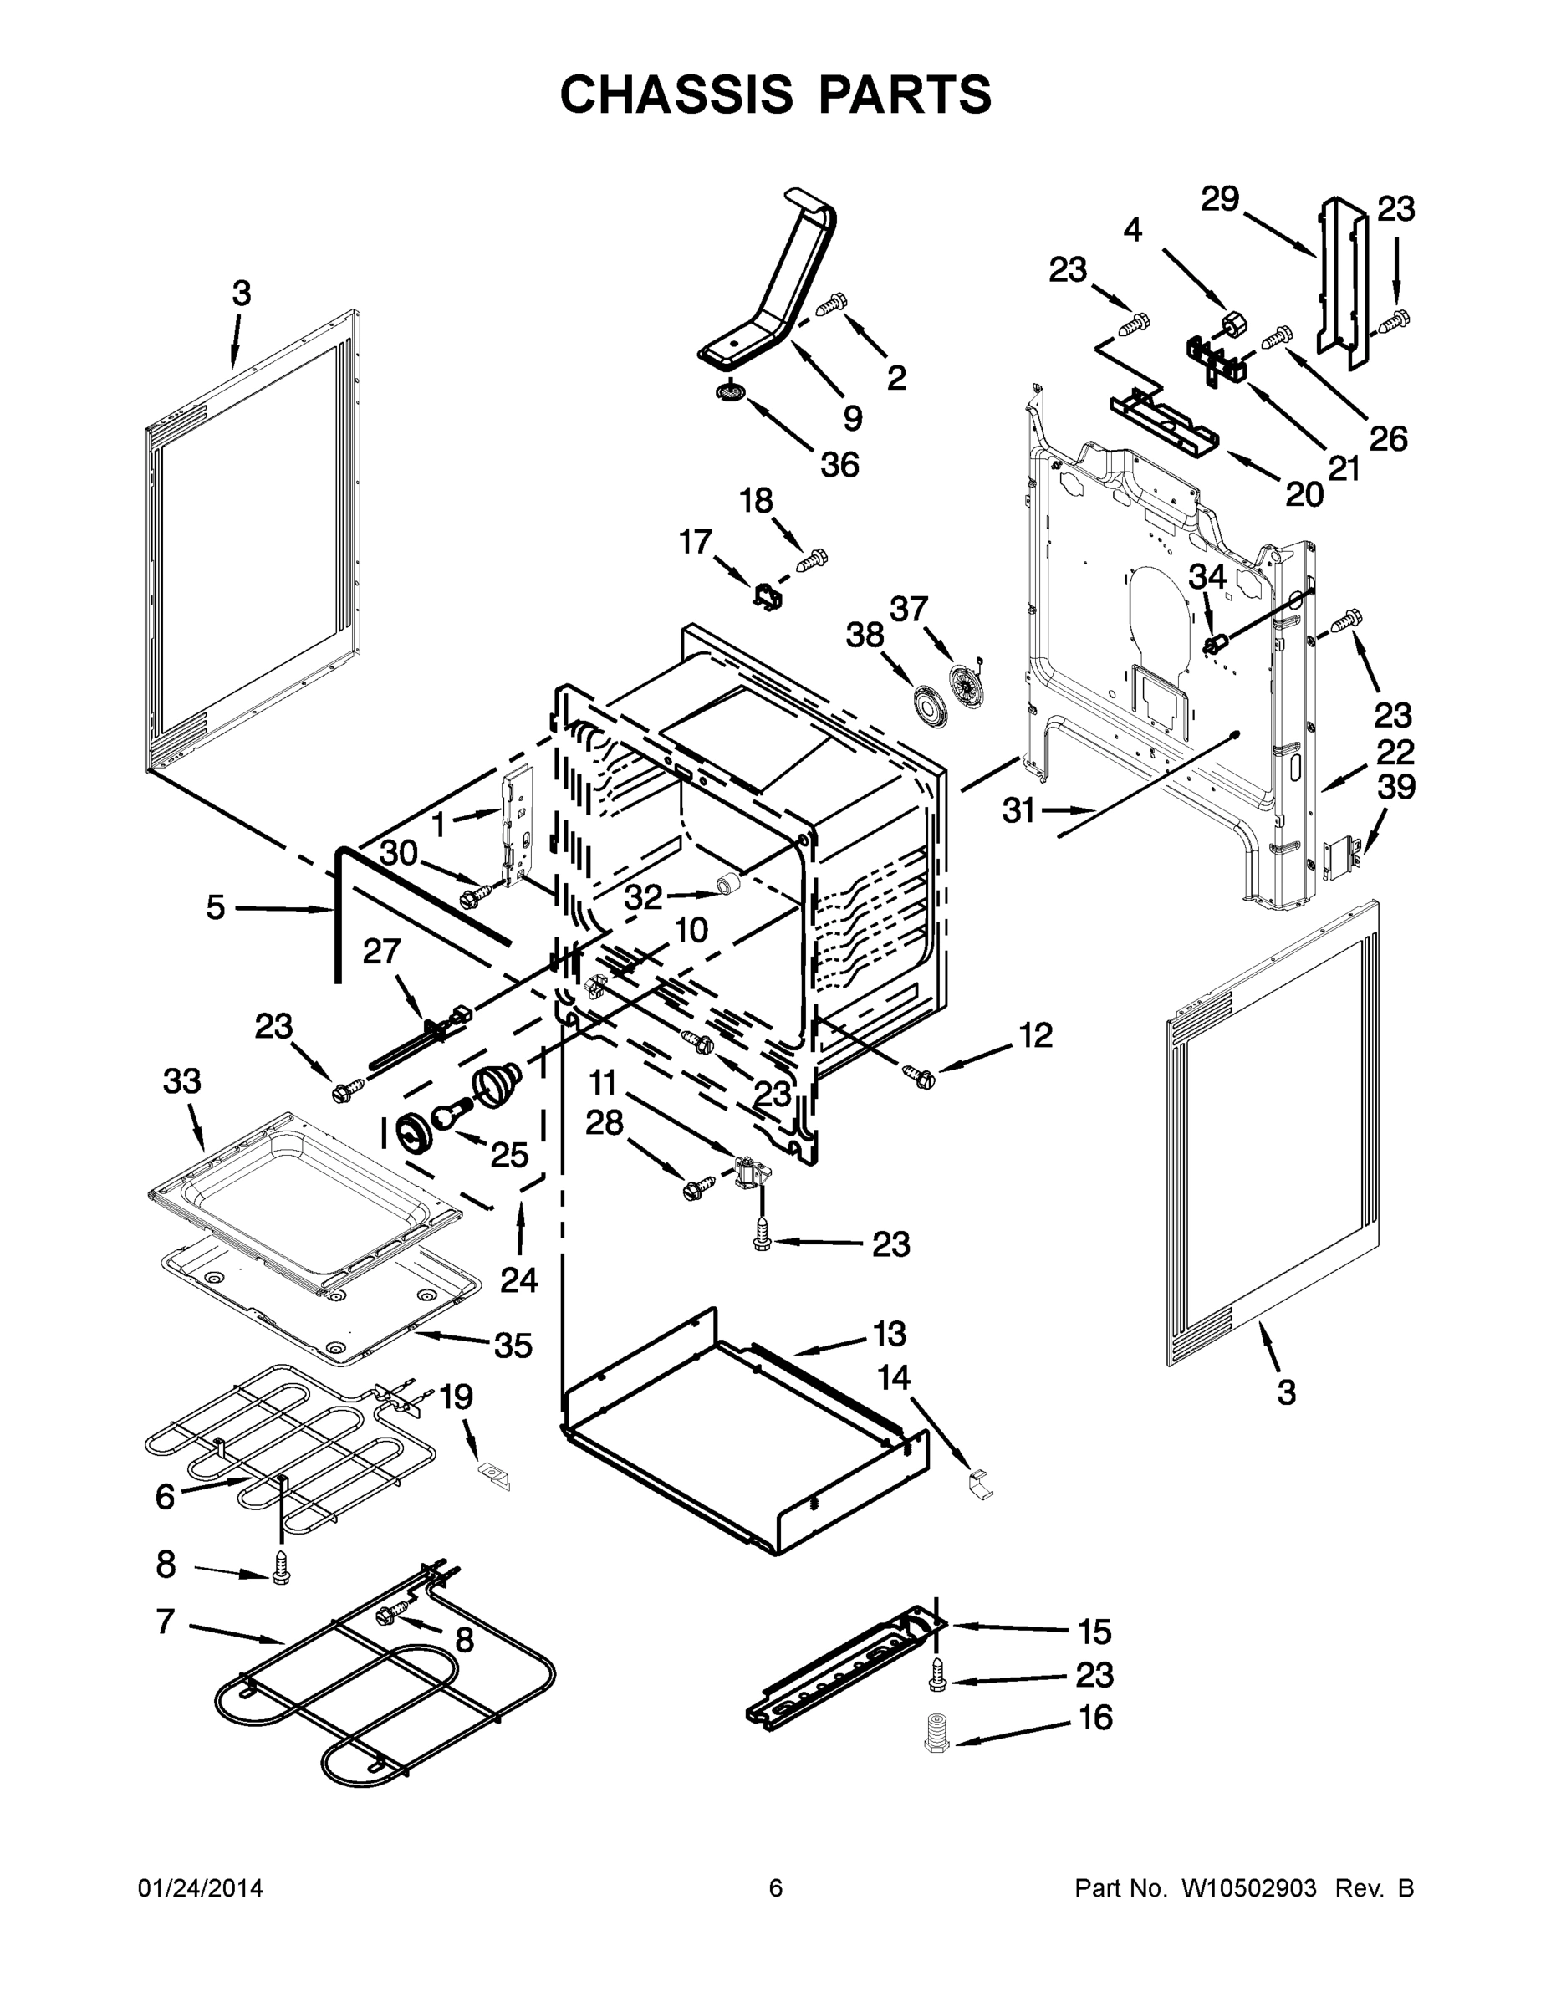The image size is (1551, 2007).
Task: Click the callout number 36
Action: point(839,465)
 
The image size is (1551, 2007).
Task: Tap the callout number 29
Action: point(1220,199)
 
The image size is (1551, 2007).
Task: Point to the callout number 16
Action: point(1095,1718)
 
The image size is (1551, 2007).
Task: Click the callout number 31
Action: point(1018,810)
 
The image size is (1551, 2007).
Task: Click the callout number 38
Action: point(865,635)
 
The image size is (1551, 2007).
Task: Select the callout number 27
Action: point(381,951)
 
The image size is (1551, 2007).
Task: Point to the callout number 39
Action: point(1395,787)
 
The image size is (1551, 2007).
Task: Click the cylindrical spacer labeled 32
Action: point(730,884)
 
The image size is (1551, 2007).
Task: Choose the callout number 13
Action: point(889,1334)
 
